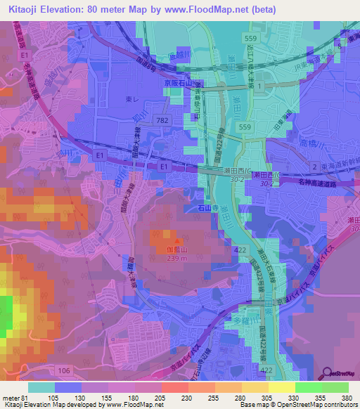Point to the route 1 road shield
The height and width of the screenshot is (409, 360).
[x=260, y=85]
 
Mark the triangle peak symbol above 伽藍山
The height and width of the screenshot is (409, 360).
[x=167, y=234]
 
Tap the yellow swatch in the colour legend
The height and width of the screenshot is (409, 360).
[x=282, y=388]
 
